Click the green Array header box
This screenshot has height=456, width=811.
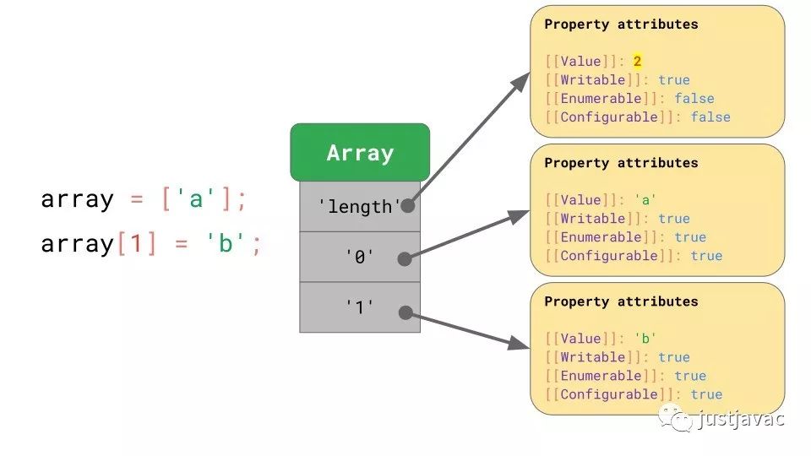point(360,153)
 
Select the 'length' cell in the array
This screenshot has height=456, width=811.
point(360,206)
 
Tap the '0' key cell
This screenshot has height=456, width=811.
point(360,257)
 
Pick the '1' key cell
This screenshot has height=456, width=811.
point(360,307)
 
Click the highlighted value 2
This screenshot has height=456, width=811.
point(637,61)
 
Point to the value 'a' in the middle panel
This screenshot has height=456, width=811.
point(645,199)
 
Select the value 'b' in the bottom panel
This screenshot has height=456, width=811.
point(645,338)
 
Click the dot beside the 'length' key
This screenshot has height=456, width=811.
point(407,206)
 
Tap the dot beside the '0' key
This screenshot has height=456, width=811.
point(405,259)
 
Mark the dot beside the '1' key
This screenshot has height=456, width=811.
point(405,312)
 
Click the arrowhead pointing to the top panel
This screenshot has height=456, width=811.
point(520,83)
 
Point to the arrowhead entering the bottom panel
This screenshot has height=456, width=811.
point(518,344)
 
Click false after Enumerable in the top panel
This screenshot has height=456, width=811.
point(694,98)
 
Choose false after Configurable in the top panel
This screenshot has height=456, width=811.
point(710,117)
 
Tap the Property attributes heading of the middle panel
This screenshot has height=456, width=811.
point(621,163)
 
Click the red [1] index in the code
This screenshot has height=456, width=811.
point(137,243)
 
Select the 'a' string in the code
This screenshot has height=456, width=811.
point(195,198)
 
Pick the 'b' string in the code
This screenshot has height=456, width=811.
point(226,242)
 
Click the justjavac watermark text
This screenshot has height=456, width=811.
point(741,418)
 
